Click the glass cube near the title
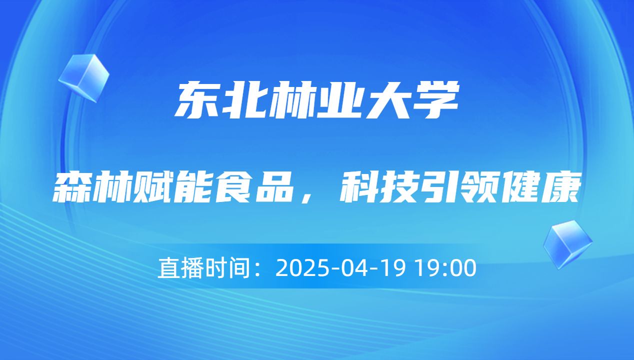click(84, 77)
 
